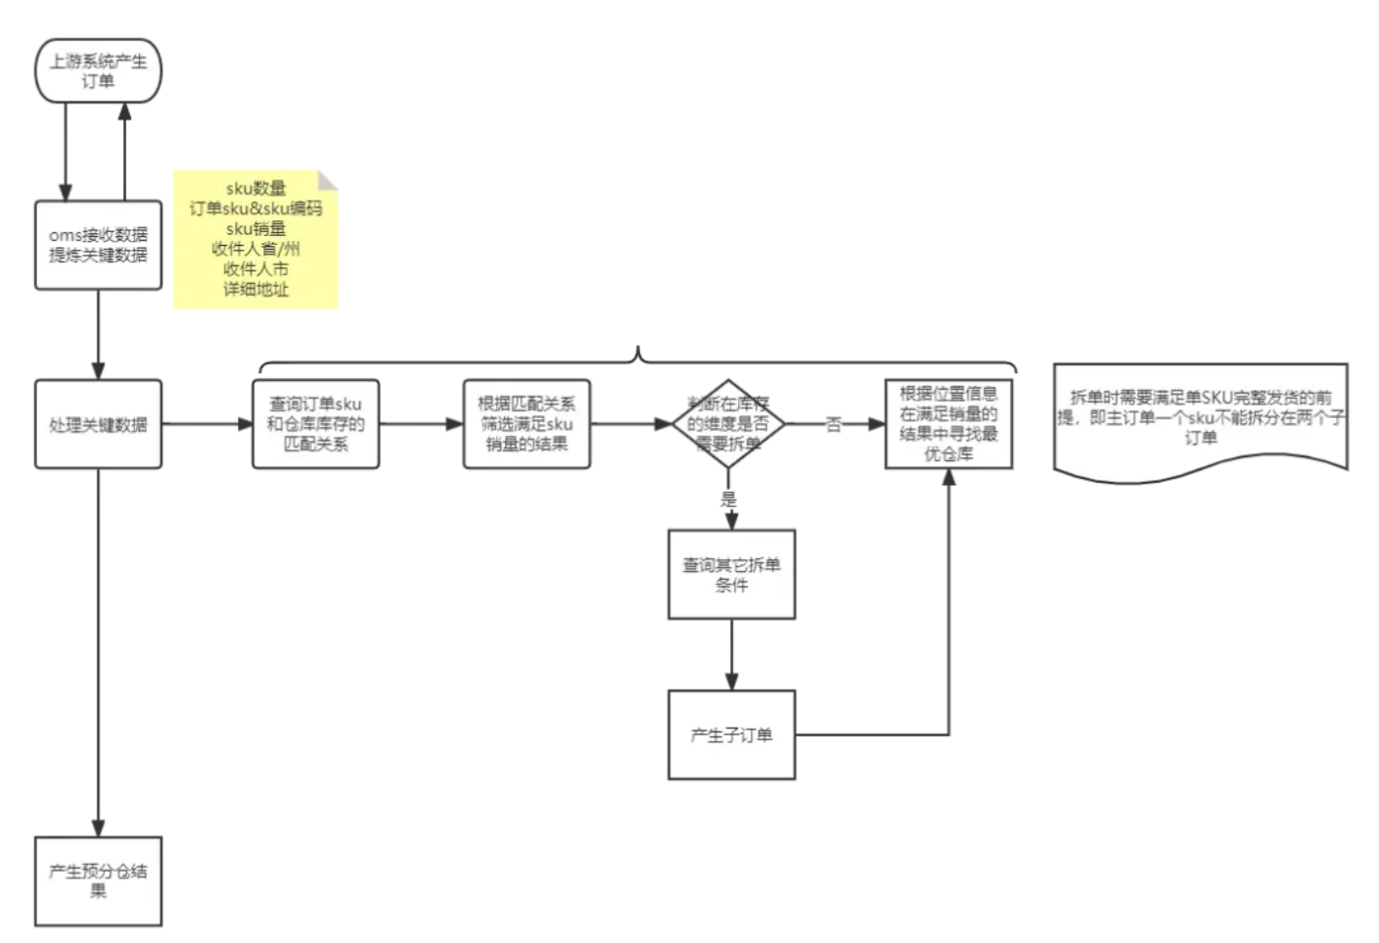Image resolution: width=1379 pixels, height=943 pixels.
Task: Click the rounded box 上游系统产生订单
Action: [x=98, y=71]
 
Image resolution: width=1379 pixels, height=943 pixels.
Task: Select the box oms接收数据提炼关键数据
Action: [x=98, y=245]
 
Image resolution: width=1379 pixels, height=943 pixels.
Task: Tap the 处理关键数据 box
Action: [x=98, y=424]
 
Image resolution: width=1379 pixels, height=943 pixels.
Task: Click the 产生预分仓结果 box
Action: [x=98, y=880]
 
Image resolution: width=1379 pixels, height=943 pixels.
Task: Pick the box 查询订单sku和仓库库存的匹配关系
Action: [x=315, y=424]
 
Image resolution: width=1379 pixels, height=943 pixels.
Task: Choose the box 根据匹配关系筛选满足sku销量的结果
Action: [x=527, y=424]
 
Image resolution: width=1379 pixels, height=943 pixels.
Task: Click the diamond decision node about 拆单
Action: [x=728, y=424]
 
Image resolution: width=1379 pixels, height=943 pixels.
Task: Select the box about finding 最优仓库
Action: [x=948, y=424]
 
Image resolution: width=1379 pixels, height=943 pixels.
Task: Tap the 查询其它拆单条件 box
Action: [x=731, y=575]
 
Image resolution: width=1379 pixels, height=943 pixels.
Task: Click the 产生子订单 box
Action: [x=731, y=734]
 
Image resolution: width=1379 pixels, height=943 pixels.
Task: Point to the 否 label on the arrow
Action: [x=834, y=425]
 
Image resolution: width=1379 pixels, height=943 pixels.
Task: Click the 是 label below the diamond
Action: [x=728, y=498]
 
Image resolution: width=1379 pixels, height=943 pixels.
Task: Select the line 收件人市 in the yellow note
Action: [x=255, y=269]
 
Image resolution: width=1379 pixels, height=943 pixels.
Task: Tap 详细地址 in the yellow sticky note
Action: [x=255, y=290]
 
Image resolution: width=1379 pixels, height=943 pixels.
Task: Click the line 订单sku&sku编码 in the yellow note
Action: [x=255, y=209]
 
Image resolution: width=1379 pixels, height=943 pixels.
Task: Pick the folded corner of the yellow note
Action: [x=329, y=179]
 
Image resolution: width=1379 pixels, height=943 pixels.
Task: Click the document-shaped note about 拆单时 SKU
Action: [x=1201, y=418]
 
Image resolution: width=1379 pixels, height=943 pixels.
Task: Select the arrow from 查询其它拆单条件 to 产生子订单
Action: [x=731, y=654]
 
